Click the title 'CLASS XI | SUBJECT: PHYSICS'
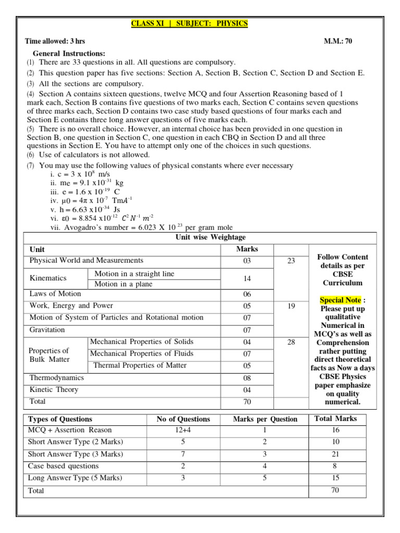[189, 24]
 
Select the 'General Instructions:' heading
[69, 53]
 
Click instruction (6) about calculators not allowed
[89, 155]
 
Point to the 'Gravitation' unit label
[47, 329]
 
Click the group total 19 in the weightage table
[291, 306]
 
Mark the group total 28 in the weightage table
[291, 342]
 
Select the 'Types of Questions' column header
[60, 419]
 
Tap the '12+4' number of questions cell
[183, 430]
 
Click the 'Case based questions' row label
[63, 466]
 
